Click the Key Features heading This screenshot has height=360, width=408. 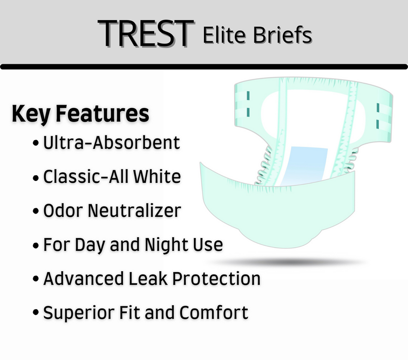(80, 114)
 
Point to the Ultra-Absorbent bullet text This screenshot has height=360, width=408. (111, 143)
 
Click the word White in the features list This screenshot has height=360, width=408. (157, 177)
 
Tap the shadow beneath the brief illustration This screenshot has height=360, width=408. (288, 262)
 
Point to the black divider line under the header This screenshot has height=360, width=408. (204, 66)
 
